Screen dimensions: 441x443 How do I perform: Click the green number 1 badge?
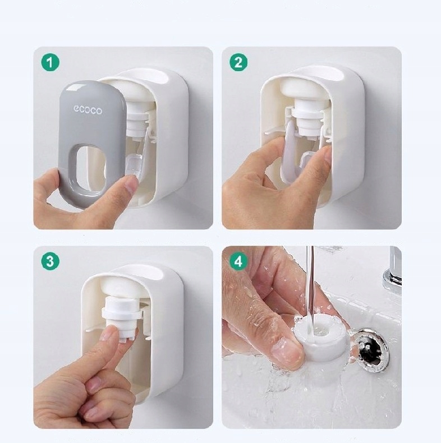pos(50,62)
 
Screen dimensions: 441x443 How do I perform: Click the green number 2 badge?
pos(238,62)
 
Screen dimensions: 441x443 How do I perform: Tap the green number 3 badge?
pos(50,261)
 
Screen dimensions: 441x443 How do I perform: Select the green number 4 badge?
pos(238,261)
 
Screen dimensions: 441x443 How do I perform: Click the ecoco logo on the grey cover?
pos(88,109)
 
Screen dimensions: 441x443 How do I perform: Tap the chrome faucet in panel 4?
pos(392,271)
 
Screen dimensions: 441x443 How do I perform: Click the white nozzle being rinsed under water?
pos(321,338)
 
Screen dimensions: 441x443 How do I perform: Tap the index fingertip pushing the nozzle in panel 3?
pos(109,334)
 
